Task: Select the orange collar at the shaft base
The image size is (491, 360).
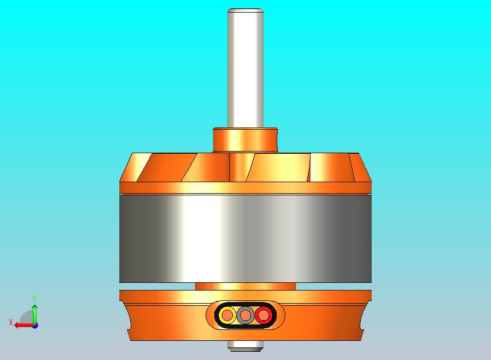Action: [245, 140]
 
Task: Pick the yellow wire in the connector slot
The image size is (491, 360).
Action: [227, 315]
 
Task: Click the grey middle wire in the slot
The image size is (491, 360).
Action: [245, 315]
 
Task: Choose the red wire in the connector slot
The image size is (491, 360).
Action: [264, 315]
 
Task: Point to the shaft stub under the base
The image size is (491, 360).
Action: [245, 345]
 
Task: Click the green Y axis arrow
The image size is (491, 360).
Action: [34, 313]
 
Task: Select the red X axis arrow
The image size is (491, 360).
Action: [23, 325]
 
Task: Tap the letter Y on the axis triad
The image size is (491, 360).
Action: [34, 298]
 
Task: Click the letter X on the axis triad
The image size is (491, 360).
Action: [10, 323]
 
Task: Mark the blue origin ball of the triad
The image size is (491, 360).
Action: [35, 325]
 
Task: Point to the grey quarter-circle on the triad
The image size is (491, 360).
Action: [27, 318]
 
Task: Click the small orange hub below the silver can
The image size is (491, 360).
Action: [245, 286]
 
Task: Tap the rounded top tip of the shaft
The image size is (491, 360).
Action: [245, 10]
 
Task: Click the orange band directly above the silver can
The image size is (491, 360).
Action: [245, 188]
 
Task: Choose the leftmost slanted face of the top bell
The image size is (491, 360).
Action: [130, 166]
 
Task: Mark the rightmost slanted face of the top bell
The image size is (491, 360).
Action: [361, 166]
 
